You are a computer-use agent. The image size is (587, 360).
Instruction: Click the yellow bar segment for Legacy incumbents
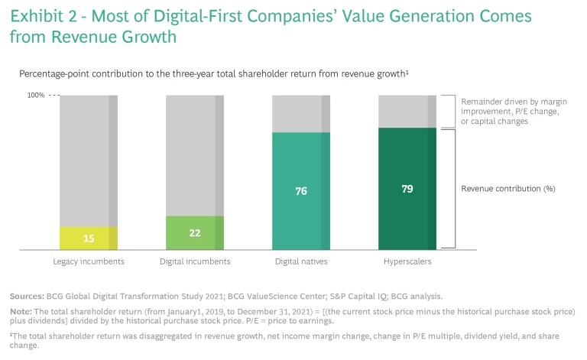tap(89, 238)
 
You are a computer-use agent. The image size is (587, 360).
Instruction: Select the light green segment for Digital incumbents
tap(195, 232)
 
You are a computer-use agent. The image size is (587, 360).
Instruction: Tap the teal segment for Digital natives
tap(301, 190)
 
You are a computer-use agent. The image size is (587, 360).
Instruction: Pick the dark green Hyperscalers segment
tap(407, 188)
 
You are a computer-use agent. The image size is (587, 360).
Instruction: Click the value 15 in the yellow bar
tap(89, 238)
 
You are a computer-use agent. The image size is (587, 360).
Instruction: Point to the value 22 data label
tap(195, 232)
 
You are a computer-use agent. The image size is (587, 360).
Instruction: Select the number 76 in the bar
tap(301, 191)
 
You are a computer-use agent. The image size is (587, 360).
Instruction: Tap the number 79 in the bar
tap(407, 188)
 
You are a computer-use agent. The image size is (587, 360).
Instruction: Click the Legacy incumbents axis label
tap(89, 261)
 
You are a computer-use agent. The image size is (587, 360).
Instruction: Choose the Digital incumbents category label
tap(195, 261)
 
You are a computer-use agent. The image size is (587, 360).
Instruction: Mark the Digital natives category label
tap(301, 261)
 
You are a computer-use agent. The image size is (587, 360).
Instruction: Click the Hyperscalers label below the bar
tap(407, 261)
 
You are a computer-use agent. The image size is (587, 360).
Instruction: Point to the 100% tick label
tap(36, 96)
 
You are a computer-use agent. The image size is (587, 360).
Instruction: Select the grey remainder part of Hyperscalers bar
tap(407, 111)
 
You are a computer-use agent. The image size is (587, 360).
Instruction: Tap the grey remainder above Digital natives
tap(301, 113)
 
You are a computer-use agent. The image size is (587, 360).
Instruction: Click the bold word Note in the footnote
tap(21, 313)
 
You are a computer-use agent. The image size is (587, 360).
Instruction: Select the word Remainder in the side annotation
tap(483, 101)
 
